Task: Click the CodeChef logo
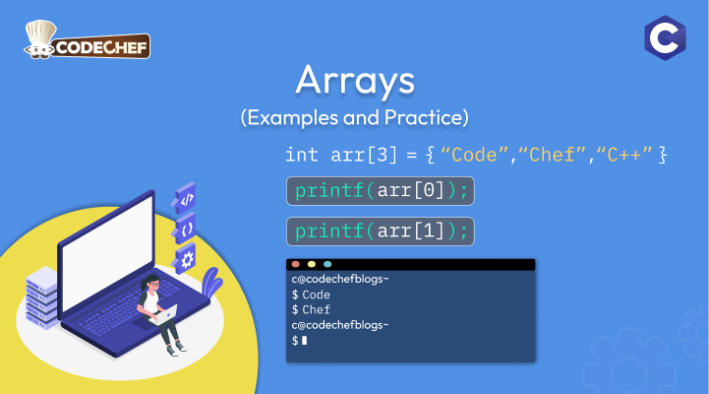pos(87,40)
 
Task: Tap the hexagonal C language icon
pos(665,37)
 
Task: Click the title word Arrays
pos(355,80)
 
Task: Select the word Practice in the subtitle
pos(427,118)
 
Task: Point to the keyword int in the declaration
pos(302,155)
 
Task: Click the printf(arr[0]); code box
pos(381,191)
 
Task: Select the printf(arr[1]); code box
pos(381,231)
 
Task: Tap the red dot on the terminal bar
pos(296,264)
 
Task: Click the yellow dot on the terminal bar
pos(312,264)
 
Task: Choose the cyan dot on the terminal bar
pos(327,264)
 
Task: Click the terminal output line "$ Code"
pos(311,295)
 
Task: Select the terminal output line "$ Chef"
pos(311,309)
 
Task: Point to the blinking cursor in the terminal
pos(304,340)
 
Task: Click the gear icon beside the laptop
pos(186,259)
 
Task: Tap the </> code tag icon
pos(186,198)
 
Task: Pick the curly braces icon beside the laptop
pos(186,229)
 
